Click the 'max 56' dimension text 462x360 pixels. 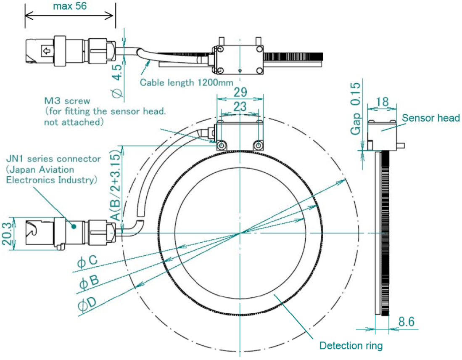[69, 6]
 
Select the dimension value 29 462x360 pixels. [240, 91]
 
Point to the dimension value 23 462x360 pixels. [240, 107]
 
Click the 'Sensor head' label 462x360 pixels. [431, 118]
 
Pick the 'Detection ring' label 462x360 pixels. [351, 346]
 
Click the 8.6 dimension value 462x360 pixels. [406, 322]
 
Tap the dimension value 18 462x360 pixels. [382, 101]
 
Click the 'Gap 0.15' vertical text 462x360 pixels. [356, 109]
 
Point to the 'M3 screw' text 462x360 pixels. [67, 101]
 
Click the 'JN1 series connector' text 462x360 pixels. [53, 159]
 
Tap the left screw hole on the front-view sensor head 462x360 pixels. [221, 146]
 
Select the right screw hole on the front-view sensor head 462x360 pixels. [258, 146]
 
